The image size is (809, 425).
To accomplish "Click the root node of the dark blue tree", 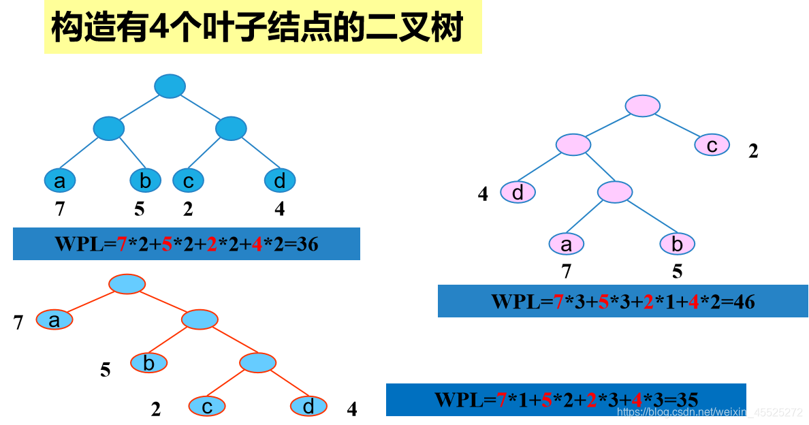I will (170, 86).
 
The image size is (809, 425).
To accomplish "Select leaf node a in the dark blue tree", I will (60, 180).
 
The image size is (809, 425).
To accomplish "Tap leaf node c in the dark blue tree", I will (188, 180).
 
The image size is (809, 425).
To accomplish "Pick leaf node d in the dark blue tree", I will (280, 180).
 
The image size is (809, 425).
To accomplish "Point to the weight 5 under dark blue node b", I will (140, 209).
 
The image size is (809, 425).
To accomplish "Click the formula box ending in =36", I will (186, 244).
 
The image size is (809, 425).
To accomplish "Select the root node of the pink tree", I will (642, 106).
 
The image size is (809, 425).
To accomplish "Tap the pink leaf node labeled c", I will (712, 144).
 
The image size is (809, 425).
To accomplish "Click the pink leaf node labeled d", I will (518, 193).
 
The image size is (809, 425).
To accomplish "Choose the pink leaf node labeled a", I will (567, 243).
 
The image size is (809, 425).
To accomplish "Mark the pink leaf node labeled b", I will (677, 243).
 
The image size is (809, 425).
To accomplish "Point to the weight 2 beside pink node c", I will (753, 151).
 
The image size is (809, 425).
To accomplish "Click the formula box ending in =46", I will (622, 301).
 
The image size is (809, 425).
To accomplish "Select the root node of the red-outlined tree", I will (127, 284).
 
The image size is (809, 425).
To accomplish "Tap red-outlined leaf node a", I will (54, 319).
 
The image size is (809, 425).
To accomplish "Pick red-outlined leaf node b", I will (149, 363).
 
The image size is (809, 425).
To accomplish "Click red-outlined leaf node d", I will (308, 407).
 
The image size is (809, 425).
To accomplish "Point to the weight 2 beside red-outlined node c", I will (156, 409).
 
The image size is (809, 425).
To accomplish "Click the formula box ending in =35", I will (565, 399).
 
